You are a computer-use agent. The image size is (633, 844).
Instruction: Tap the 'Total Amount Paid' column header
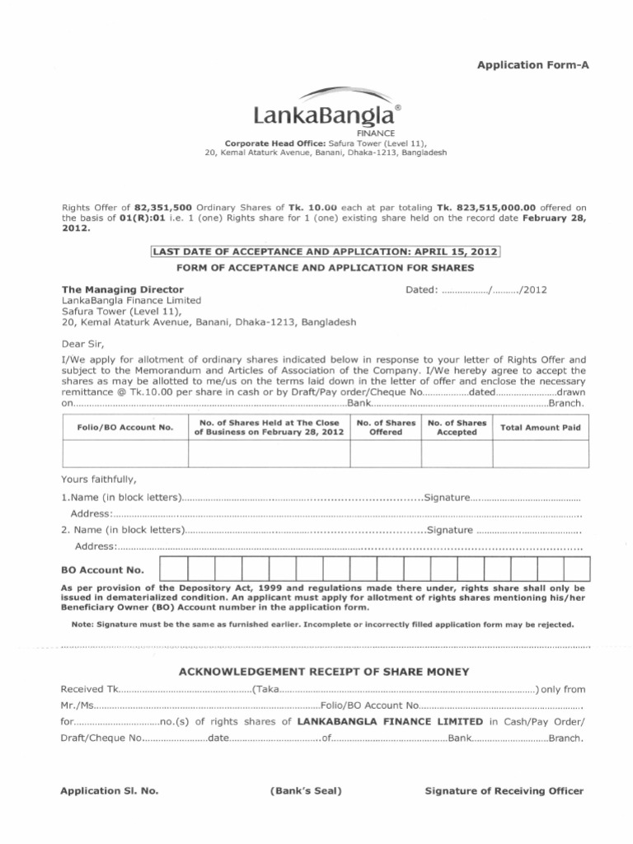[x=541, y=427]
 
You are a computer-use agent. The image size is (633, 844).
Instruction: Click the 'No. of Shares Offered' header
[x=386, y=427]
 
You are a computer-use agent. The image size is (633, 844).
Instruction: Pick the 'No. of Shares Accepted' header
[x=457, y=427]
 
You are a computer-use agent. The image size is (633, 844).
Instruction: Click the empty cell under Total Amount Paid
[x=541, y=453]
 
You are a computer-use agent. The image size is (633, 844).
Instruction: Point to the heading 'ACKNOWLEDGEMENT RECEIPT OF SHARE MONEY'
[x=324, y=672]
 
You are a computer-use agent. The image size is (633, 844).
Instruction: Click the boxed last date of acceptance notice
[x=324, y=251]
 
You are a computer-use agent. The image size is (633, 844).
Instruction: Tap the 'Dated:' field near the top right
[x=476, y=290]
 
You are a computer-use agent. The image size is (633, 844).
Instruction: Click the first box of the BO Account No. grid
[x=174, y=569]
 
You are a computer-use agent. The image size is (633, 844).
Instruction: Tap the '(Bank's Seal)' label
[x=306, y=790]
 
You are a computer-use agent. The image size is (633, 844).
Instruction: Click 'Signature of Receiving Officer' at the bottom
[x=504, y=790]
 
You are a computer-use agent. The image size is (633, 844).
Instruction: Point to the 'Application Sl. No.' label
[x=110, y=790]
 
